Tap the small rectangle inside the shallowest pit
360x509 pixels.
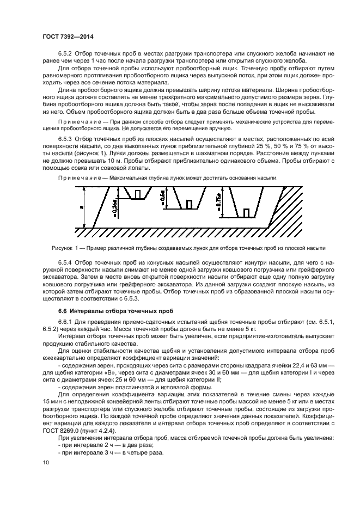[x=138, y=194]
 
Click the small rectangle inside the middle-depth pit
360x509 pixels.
[x=189, y=204]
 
